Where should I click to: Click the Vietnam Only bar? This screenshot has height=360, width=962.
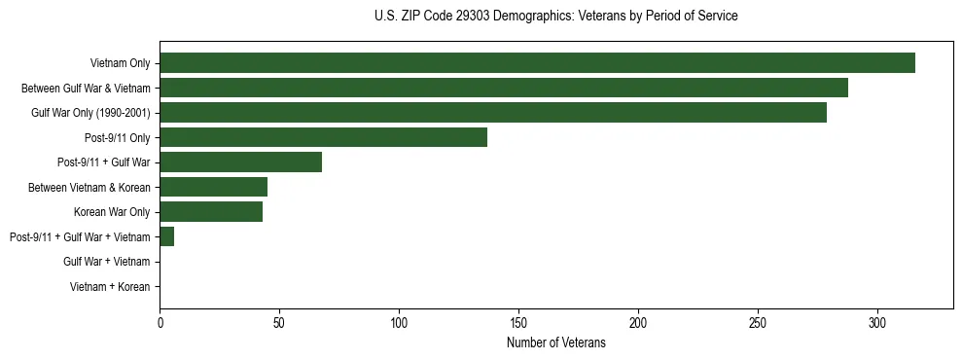coord(537,63)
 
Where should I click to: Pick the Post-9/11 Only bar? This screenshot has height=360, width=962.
coord(323,137)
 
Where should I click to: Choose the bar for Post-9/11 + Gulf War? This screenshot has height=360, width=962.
coord(240,162)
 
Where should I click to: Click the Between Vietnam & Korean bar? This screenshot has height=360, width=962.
coord(213,187)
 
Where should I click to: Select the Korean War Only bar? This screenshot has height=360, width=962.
coord(211,212)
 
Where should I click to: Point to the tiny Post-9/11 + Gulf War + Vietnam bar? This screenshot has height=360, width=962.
coord(167,236)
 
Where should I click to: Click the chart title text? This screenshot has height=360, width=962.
coord(555,17)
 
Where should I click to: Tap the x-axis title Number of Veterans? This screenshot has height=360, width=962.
coord(555,343)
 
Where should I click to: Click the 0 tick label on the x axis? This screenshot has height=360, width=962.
coord(160,322)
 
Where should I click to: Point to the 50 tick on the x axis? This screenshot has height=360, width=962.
coord(279,322)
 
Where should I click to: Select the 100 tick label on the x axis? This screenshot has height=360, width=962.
coord(399,322)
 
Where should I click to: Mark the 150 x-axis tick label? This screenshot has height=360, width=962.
coord(518,322)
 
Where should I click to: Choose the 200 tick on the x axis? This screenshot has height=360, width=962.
coord(638,322)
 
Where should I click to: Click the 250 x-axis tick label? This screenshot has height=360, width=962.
coord(758,322)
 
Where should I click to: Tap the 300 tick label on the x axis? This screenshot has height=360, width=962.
coord(877,322)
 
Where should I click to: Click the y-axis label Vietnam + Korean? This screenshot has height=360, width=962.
coord(110,287)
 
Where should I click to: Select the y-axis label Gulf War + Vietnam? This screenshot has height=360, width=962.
coord(107,262)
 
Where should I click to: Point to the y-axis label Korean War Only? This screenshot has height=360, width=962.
coord(112,212)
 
